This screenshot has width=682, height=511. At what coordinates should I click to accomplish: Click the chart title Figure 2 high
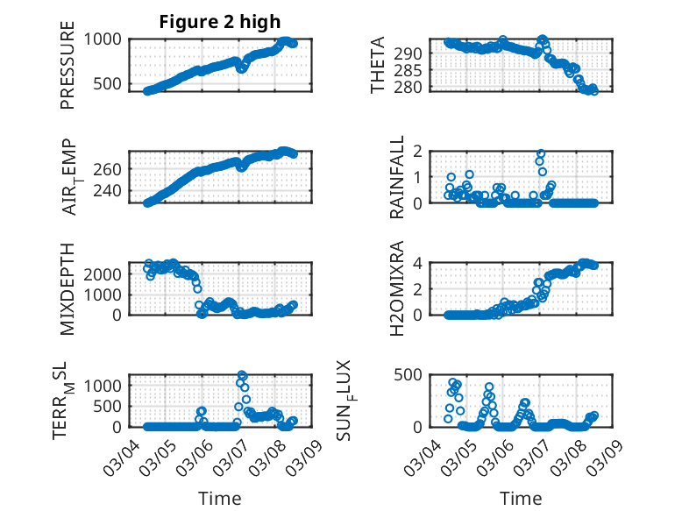(219, 22)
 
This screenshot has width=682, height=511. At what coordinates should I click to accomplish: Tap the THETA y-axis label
(377, 66)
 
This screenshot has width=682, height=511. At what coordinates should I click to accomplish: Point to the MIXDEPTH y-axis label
(68, 289)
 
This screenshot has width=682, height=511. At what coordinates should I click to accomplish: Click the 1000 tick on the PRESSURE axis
(108, 39)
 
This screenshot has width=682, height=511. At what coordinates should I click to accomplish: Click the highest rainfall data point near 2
(541, 153)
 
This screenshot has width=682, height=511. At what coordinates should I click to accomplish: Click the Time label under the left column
(219, 499)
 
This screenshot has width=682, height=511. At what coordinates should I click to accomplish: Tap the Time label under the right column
(521, 499)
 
